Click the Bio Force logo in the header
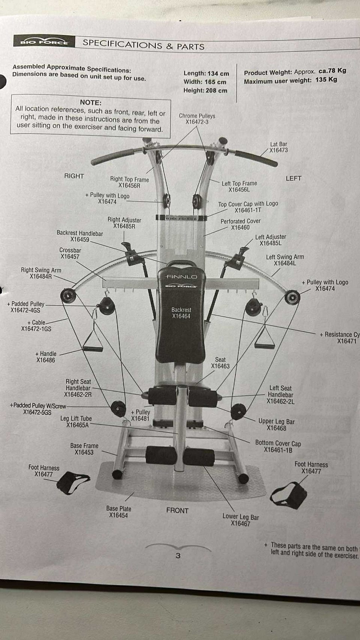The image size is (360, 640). tap(44, 42)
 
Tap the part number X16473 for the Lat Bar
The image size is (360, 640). tap(279, 150)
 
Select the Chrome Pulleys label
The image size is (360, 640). tap(197, 116)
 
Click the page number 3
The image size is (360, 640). tap(178, 555)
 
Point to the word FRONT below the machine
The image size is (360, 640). tap(177, 510)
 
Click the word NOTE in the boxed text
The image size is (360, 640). tap(90, 102)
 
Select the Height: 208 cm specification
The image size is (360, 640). tap(205, 90)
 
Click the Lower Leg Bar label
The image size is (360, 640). tap(240, 517)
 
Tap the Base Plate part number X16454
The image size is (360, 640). tap(118, 515)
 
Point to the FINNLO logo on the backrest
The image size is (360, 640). tap(181, 277)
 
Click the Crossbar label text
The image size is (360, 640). tap(70, 250)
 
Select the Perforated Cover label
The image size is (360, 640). tap(240, 221)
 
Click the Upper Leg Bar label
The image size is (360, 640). tap(276, 421)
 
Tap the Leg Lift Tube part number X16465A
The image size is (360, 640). tap(78, 425)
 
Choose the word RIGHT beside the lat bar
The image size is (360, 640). tap(74, 176)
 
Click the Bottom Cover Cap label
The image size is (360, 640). tap(278, 443)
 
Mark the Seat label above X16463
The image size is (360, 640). tap(220, 360)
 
